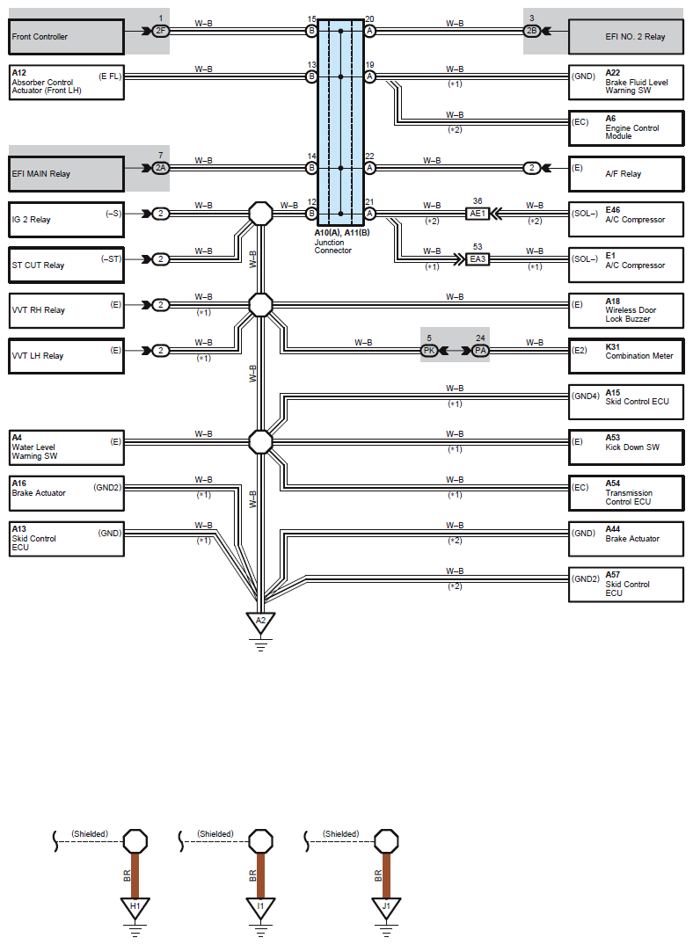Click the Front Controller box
coord(66,37)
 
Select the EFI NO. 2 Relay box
coord(626,37)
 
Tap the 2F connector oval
coord(160,31)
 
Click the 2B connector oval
coord(531,31)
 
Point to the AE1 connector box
coord(477,214)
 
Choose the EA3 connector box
coord(477,259)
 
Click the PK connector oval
coord(429,350)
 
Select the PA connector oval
coord(480,350)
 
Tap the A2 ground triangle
coord(260,622)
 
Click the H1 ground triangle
coord(135,907)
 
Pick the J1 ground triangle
coord(386,907)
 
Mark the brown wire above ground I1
coord(260,876)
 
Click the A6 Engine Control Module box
coord(626,127)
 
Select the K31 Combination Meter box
coord(626,356)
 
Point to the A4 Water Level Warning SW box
coord(66,447)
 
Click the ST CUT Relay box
coord(66,265)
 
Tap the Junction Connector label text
coord(333,246)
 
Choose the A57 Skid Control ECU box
coord(626,584)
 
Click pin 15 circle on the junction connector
coord(311,31)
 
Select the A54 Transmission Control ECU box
coord(626,493)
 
